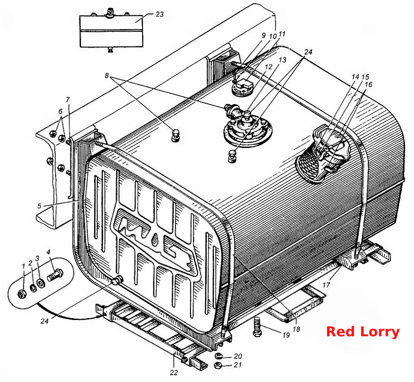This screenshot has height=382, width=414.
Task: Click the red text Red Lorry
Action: [x=363, y=332]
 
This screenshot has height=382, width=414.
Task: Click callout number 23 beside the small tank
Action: [x=159, y=14]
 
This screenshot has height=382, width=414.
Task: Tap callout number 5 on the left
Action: [x=39, y=206]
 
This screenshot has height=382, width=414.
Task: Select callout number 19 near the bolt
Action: [x=286, y=335]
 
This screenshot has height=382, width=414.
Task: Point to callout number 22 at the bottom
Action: [x=174, y=372]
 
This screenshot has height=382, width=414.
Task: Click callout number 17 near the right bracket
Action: [x=326, y=285]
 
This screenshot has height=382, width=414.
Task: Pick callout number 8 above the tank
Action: [x=107, y=76]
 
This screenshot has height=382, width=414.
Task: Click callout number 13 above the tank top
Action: [x=282, y=60]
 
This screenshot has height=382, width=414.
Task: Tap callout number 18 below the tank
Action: [x=296, y=329]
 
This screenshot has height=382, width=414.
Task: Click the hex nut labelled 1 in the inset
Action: [x=21, y=294]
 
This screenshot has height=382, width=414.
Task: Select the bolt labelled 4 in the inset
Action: [x=55, y=275]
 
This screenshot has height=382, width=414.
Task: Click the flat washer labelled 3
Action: [x=41, y=283]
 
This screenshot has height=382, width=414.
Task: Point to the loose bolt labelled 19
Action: [x=257, y=327]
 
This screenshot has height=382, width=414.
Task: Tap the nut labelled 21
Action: [x=218, y=365]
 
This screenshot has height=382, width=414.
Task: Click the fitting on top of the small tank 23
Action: [x=109, y=13]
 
